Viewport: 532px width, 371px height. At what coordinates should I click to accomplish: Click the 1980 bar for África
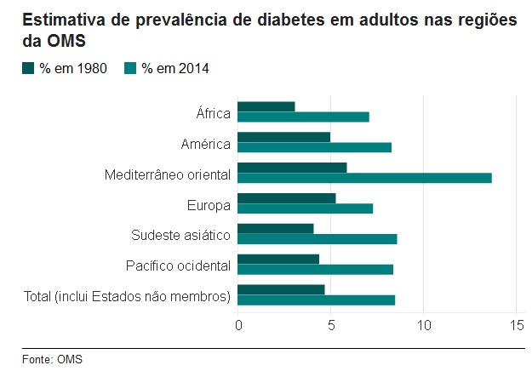(x=266, y=106)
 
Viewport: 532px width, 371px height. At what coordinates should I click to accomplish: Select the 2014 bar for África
(x=303, y=117)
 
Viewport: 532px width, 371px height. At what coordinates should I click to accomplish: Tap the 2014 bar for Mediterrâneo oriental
(x=364, y=178)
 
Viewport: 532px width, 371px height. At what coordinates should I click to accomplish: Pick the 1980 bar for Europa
(x=287, y=198)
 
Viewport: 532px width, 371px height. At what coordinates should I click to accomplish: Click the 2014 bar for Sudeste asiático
(x=317, y=239)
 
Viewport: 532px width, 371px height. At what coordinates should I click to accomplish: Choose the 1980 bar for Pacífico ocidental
(x=278, y=260)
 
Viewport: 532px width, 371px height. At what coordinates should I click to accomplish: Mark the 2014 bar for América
(x=314, y=147)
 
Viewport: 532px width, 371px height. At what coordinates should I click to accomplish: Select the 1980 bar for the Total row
(x=281, y=290)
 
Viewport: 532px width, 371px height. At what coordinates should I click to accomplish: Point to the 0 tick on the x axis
(x=238, y=325)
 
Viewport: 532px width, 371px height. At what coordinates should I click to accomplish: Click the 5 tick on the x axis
(x=331, y=325)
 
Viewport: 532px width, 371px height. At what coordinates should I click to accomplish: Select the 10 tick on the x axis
(x=424, y=325)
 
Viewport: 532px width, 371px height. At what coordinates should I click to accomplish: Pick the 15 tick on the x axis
(x=516, y=325)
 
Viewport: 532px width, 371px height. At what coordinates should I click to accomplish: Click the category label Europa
(x=209, y=205)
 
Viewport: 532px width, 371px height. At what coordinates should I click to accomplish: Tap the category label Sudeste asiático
(x=180, y=236)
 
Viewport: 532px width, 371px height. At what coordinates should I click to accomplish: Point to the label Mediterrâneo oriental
(x=168, y=174)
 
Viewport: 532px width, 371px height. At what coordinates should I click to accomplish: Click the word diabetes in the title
(x=254, y=20)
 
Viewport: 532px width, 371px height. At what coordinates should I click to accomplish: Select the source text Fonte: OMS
(x=53, y=359)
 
